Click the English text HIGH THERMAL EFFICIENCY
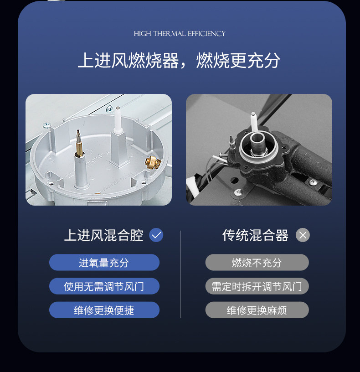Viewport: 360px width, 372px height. tap(180, 34)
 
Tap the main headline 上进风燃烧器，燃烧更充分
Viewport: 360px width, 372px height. tap(179, 60)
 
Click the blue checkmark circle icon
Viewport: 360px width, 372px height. tap(156, 235)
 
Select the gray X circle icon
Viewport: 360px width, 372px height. tap(303, 235)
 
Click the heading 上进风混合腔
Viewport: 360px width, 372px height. tap(104, 235)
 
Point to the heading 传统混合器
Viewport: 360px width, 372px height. tap(255, 235)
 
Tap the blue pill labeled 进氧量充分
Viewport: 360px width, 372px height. tap(104, 263)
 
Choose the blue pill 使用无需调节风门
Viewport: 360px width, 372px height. tap(104, 286)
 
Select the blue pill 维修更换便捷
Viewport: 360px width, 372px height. tap(104, 310)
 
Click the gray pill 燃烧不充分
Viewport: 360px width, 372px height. tap(257, 263)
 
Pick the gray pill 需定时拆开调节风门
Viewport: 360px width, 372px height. tap(257, 286)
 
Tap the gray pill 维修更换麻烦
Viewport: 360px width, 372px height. tap(257, 310)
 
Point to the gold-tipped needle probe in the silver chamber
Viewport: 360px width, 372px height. tap(79, 143)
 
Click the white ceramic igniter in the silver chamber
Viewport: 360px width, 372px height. tap(118, 120)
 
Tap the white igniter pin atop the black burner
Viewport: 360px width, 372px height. tap(254, 121)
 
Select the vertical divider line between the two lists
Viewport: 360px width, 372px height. tap(181, 274)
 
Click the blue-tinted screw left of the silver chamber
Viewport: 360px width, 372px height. tap(46, 124)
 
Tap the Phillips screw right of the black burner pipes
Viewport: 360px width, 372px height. tap(313, 182)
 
